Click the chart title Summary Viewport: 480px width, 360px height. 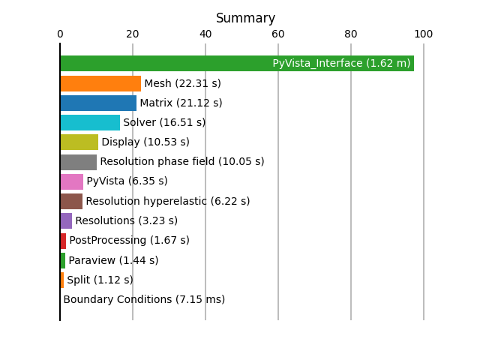pos(245,18)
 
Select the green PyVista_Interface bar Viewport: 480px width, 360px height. pos(237,63)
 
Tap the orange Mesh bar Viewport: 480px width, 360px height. pos(100,83)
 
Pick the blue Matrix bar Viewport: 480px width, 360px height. pos(98,103)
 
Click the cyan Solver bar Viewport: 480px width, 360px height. pos(90,123)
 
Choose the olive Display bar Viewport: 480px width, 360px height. pos(79,142)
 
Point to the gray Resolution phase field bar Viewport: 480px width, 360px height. pos(79,162)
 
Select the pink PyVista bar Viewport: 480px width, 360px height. pos(72,181)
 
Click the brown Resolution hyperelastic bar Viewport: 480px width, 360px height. pos(72,202)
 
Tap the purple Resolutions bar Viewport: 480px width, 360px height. pos(67,221)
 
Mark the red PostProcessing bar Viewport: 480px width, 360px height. pos(63,241)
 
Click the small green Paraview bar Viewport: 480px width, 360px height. pos(63,260)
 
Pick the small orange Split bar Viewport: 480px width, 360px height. pos(62,280)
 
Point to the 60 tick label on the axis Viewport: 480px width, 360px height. pos(278,34)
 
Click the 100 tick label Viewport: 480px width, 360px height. pos(423,34)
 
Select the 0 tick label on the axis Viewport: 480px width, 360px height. pos(60,34)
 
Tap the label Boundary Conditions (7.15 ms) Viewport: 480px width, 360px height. pos(144,299)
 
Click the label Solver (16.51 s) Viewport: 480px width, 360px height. pos(164,122)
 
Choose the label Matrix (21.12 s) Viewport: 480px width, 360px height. pos(181,103)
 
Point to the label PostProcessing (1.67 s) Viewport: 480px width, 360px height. pos(130,240)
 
